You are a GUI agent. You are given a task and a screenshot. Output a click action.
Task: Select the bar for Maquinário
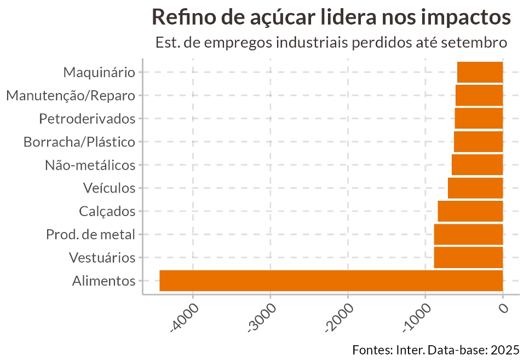(480, 72)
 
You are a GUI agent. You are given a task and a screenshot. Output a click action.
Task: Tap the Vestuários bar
(468, 258)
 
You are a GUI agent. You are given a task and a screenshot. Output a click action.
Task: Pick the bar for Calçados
(470, 211)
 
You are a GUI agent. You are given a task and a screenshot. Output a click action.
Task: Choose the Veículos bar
(475, 188)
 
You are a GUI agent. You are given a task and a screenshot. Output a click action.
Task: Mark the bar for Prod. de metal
(468, 234)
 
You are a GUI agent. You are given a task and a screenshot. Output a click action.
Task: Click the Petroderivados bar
(479, 118)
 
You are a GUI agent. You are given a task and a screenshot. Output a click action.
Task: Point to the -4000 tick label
(185, 317)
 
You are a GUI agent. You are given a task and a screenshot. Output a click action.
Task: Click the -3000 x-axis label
(262, 317)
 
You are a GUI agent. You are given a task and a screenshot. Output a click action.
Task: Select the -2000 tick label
(340, 317)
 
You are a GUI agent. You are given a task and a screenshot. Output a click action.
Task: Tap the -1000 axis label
(417, 317)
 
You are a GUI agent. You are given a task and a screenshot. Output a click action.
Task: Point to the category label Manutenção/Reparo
(71, 96)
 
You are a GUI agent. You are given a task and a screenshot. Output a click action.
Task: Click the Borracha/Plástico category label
(79, 142)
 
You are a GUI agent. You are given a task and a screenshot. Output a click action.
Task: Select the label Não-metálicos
(90, 165)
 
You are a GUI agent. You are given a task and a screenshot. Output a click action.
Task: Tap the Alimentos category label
(104, 281)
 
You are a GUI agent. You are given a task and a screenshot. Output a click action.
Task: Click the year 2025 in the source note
(505, 350)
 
